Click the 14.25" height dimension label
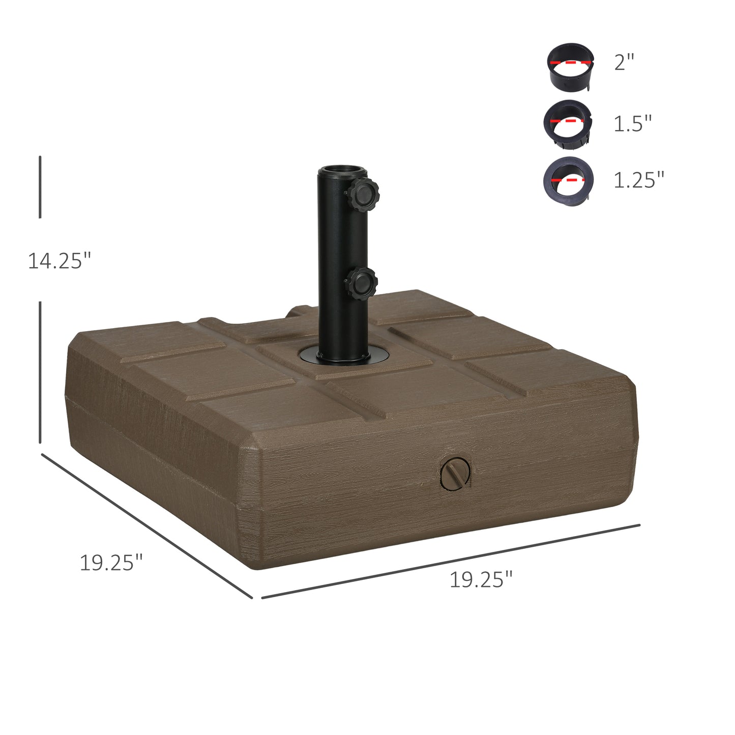(59, 261)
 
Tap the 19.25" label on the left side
(111, 563)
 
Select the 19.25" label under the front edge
(481, 579)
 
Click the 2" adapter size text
(624, 63)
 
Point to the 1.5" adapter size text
(632, 124)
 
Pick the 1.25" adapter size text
(639, 180)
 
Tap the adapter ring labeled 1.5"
(568, 125)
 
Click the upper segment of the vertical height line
(40, 187)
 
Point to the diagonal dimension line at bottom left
(146, 525)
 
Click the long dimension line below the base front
(451, 561)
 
